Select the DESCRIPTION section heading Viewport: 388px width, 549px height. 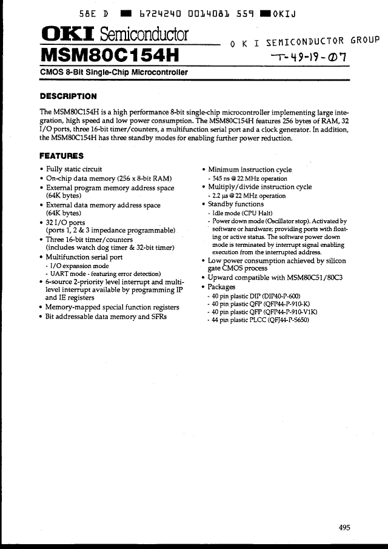point(68,96)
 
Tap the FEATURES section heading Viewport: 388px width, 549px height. point(61,156)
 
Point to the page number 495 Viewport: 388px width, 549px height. point(344,528)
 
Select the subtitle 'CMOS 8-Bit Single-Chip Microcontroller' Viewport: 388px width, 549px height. point(113,73)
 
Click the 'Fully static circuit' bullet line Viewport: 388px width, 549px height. point(74,169)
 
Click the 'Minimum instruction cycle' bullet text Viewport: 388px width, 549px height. point(250,170)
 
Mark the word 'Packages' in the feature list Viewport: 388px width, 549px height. point(222,286)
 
